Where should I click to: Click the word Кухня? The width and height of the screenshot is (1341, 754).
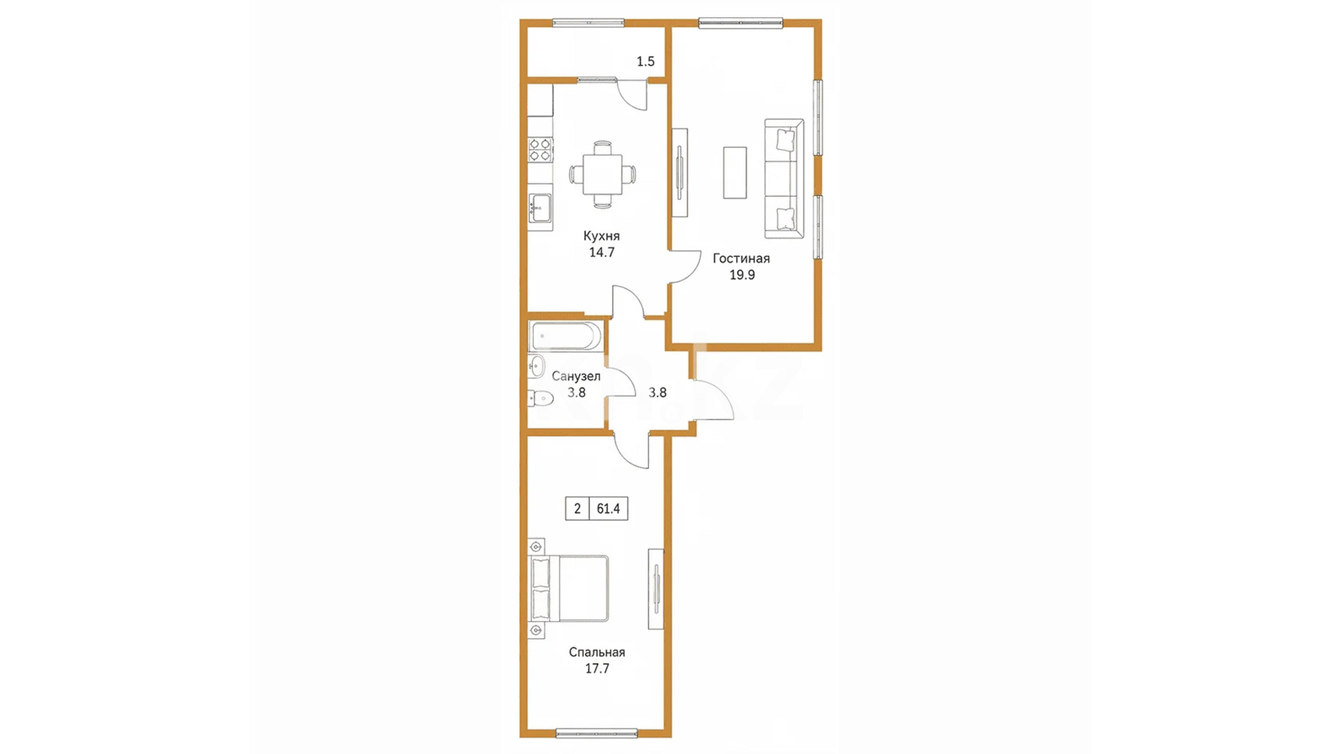point(601,236)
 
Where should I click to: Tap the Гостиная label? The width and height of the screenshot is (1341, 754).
point(741,258)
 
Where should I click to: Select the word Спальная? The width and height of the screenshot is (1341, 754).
point(596,652)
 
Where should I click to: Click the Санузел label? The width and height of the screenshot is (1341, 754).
point(576,376)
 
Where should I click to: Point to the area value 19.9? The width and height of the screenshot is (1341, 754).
point(742,275)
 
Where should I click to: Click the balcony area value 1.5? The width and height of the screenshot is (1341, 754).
point(645,61)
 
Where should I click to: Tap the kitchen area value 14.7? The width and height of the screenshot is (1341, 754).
point(601,253)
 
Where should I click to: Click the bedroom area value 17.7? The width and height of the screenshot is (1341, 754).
point(597,669)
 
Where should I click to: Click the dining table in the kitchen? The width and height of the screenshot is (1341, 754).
point(603,175)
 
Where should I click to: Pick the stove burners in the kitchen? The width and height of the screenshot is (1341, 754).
point(540,150)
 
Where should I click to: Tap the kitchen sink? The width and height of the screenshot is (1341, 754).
point(540,207)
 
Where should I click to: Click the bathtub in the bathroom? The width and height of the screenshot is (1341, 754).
point(565,336)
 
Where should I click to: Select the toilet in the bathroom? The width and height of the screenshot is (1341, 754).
point(540,398)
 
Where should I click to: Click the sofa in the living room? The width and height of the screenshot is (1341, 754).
point(784,179)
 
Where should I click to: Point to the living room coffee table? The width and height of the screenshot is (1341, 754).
point(735,172)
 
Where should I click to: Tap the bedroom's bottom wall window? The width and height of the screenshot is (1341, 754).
point(596,733)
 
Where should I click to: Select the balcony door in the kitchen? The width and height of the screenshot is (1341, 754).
point(633,94)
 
